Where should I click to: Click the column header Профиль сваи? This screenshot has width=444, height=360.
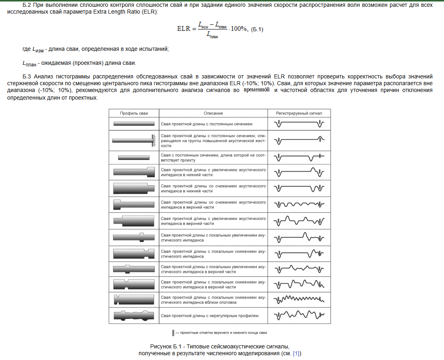coord(134,114)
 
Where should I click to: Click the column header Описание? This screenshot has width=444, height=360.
coord(213,114)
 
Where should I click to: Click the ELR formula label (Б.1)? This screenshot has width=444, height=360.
coord(257,30)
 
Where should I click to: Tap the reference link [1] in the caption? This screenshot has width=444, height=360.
coord(296,353)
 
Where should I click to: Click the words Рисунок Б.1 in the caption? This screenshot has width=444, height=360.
coord(163,346)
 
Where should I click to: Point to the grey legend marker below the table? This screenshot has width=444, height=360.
coord(173,333)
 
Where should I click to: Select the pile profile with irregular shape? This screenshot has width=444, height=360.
coord(134,316)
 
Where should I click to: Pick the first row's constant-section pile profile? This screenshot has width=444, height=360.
coord(134,124)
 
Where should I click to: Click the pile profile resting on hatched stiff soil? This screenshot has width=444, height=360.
coord(134,140)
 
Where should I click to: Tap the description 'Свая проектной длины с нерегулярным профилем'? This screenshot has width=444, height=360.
coord(210,316)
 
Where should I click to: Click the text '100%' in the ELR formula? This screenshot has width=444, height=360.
coord(239,29)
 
